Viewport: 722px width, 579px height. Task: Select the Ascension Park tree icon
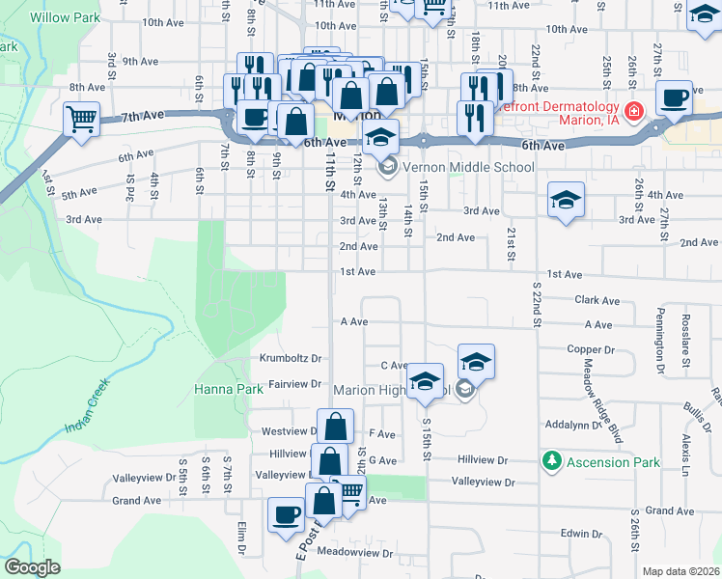click(551, 462)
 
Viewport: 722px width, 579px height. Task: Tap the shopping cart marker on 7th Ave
click(82, 121)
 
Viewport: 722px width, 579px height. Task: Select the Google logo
click(32, 567)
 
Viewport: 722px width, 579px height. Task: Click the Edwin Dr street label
click(581, 533)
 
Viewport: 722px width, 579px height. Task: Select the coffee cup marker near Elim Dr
click(284, 514)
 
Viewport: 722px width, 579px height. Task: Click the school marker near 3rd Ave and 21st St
click(566, 201)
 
